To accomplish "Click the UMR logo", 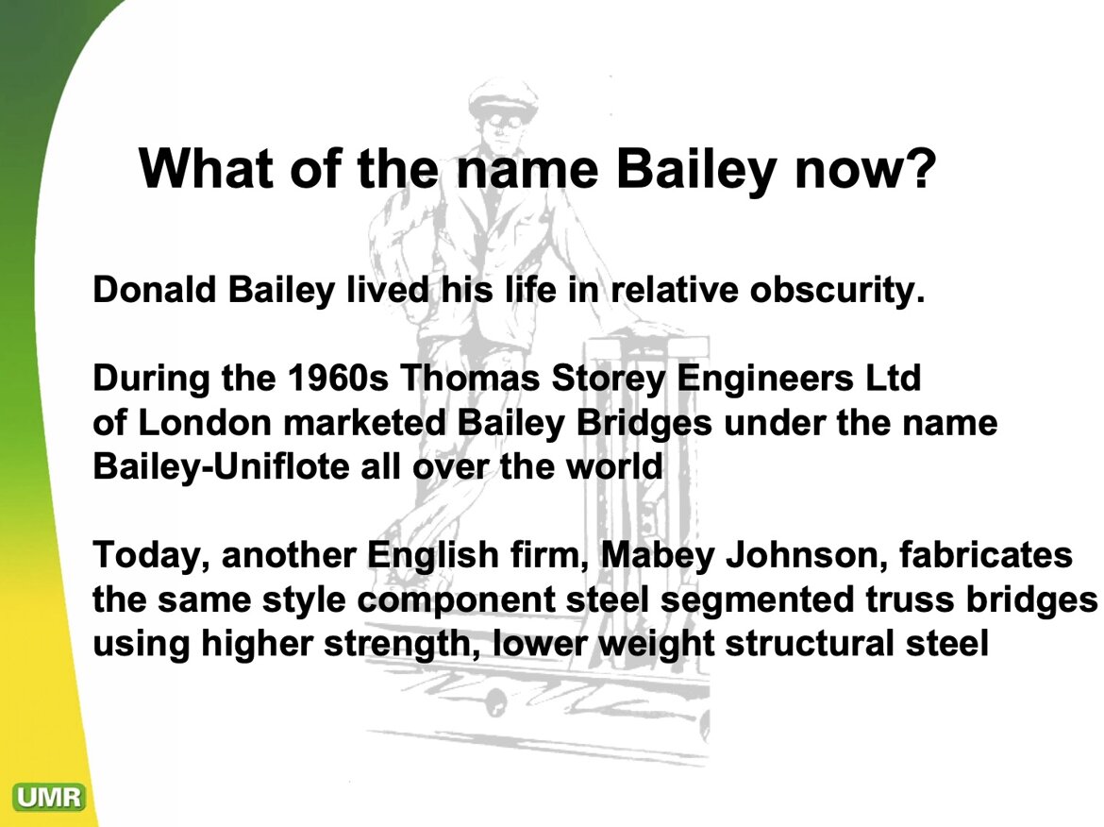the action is [48, 797].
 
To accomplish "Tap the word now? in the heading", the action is [865, 170].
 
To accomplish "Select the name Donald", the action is [154, 289].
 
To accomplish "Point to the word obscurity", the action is [836, 290].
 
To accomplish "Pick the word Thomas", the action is [470, 378].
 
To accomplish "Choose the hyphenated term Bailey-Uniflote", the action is [221, 467].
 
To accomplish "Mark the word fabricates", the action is [986, 554].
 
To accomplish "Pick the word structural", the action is [810, 644].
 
